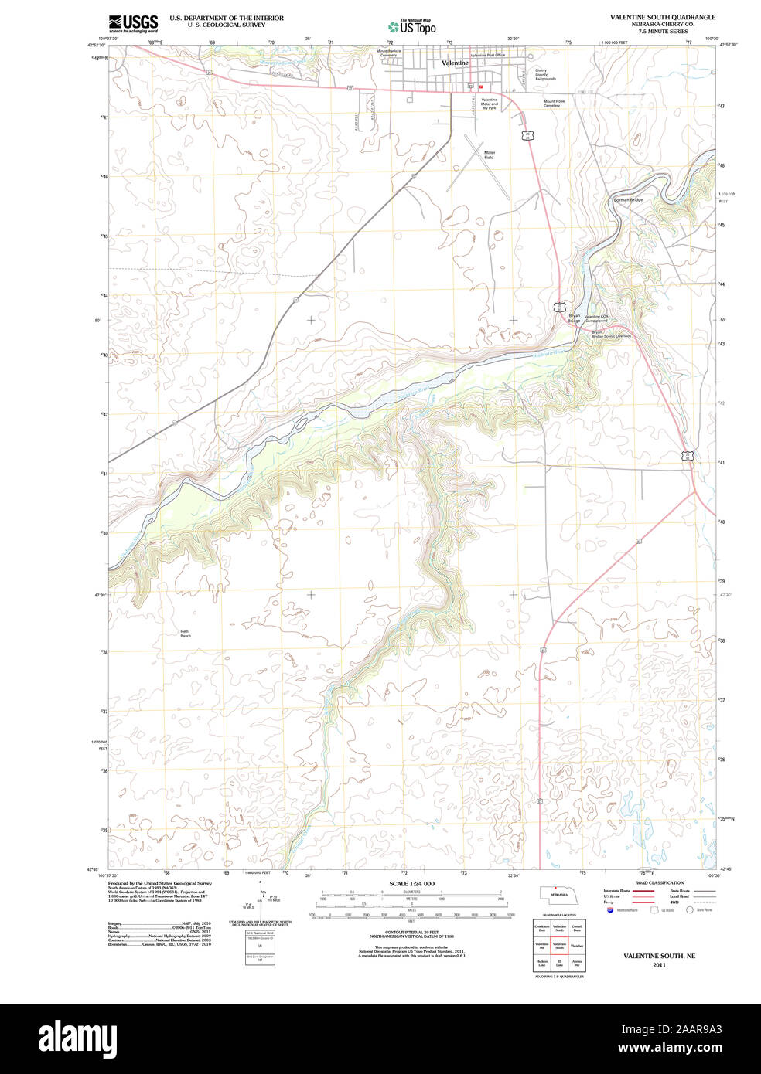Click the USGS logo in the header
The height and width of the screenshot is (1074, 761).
click(133, 22)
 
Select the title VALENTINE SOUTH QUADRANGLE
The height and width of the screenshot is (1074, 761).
click(662, 17)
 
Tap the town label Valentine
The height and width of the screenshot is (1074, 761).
click(455, 62)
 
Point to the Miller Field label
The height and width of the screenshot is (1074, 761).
click(489, 155)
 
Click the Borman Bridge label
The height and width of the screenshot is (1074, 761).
click(627, 200)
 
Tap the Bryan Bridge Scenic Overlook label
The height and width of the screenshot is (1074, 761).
click(611, 334)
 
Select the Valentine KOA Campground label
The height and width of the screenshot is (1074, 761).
click(595, 318)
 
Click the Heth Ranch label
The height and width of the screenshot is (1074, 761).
click(185, 633)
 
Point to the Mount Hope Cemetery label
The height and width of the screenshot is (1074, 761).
click(553, 103)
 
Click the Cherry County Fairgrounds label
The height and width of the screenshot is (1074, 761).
click(545, 74)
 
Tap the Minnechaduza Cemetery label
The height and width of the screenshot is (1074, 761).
click(388, 53)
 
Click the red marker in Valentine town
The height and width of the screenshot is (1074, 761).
click(480, 87)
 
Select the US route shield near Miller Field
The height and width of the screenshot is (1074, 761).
click(527, 136)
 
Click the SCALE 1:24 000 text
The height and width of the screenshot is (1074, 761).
click(411, 883)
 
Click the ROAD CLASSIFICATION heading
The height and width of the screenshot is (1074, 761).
click(659, 882)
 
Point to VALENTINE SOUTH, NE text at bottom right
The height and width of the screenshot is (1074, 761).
click(659, 956)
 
